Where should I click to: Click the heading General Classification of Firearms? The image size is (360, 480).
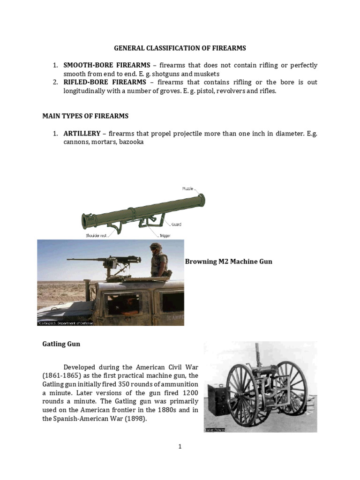180,48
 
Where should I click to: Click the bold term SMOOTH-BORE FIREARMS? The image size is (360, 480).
107,65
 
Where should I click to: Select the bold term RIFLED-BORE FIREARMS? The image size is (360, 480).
105,82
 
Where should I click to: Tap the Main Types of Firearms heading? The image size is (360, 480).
85,116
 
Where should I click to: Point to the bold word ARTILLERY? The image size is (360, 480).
82,134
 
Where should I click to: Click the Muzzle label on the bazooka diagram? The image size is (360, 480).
187,188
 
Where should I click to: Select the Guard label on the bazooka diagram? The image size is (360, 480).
176,225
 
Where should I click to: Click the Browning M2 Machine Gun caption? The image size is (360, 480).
229,262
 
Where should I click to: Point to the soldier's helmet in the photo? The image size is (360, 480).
156,247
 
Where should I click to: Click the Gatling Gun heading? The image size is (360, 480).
61,344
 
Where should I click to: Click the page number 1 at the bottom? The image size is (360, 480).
180,447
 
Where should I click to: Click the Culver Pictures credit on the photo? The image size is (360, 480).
215,429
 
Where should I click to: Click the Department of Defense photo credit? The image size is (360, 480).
66,323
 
